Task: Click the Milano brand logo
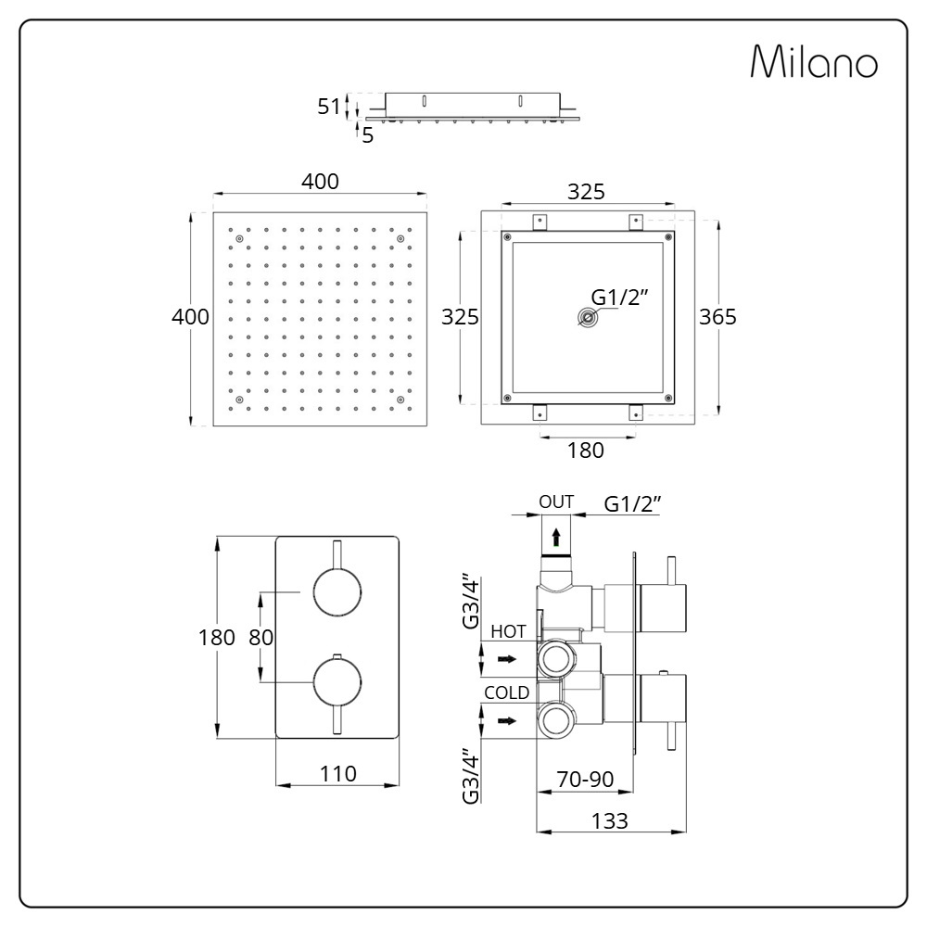[x=813, y=62]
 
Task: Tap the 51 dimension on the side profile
[x=329, y=107]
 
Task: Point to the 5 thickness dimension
[x=368, y=135]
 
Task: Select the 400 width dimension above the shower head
[x=320, y=182]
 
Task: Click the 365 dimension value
[x=717, y=317]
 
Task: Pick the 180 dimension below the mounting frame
[x=585, y=451]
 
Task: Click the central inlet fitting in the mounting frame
[x=587, y=319]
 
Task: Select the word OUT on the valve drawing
[x=556, y=502]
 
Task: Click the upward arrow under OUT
[x=555, y=536]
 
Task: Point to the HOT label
[x=508, y=631]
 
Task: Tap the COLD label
[x=506, y=692]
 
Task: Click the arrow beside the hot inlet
[x=506, y=659]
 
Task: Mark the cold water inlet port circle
[x=557, y=720]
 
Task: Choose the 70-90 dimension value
[x=585, y=780]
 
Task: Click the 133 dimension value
[x=610, y=820]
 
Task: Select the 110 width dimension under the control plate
[x=337, y=774]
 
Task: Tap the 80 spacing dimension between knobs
[x=262, y=638]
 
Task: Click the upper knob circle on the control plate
[x=337, y=591]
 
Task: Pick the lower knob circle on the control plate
[x=337, y=682]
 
